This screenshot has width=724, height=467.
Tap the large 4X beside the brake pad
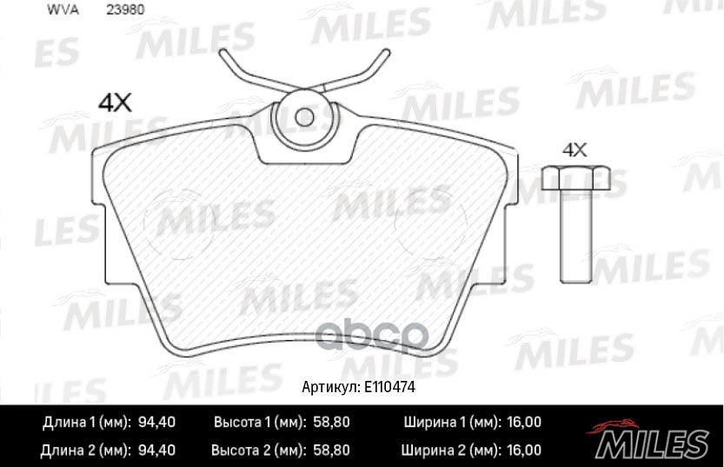pyautogui.click(x=114, y=103)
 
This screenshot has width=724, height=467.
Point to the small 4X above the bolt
pyautogui.click(x=575, y=149)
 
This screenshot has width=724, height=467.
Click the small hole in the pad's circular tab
pyautogui.click(x=303, y=116)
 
